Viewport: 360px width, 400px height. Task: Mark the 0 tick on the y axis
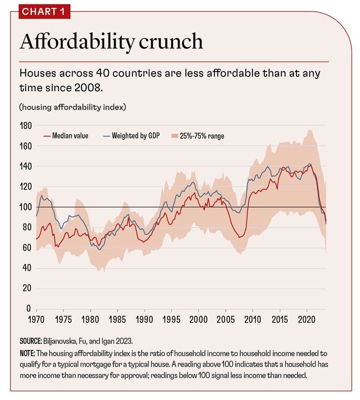(x=28, y=309)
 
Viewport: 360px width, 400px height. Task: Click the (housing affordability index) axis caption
(x=72, y=108)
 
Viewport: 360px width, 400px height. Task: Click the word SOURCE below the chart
(x=31, y=341)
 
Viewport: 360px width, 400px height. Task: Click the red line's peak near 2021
(x=310, y=165)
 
